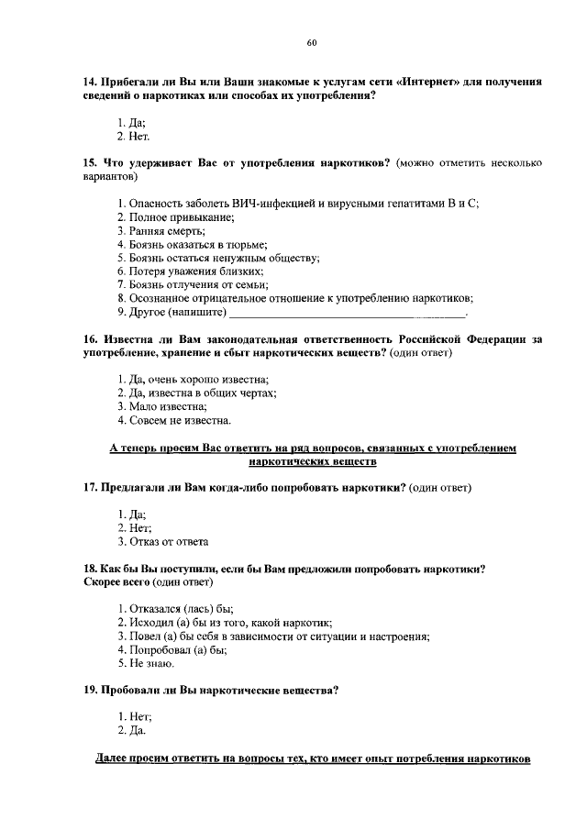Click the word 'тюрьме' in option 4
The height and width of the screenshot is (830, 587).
point(246,245)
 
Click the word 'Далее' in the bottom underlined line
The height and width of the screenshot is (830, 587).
point(114,760)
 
